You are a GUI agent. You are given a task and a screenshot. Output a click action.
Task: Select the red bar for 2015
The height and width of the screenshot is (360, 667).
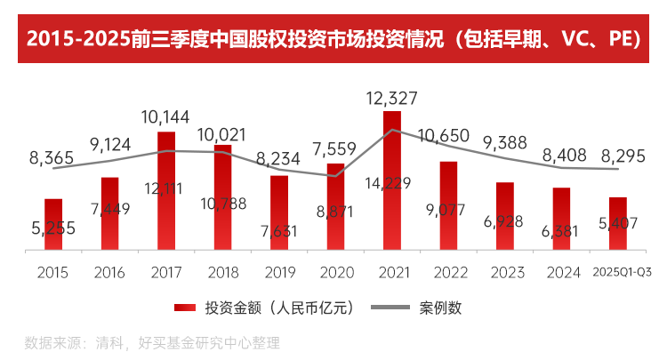(53, 224)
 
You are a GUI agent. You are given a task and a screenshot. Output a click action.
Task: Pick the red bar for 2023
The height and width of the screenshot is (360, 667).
(504, 215)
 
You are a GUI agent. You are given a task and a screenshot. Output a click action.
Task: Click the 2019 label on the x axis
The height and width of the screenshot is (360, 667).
(278, 273)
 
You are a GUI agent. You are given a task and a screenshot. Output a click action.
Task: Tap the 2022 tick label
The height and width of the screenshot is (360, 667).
(448, 273)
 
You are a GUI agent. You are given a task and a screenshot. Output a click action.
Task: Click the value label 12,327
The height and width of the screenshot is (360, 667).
(391, 97)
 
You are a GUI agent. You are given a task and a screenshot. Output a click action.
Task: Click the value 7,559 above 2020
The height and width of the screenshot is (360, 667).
(335, 148)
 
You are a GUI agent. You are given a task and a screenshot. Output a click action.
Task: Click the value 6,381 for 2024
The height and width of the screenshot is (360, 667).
(560, 231)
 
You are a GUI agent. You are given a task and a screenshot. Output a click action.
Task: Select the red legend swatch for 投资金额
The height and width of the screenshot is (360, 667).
(184, 308)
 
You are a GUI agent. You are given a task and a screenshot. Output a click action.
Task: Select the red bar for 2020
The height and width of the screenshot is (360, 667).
(335, 206)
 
